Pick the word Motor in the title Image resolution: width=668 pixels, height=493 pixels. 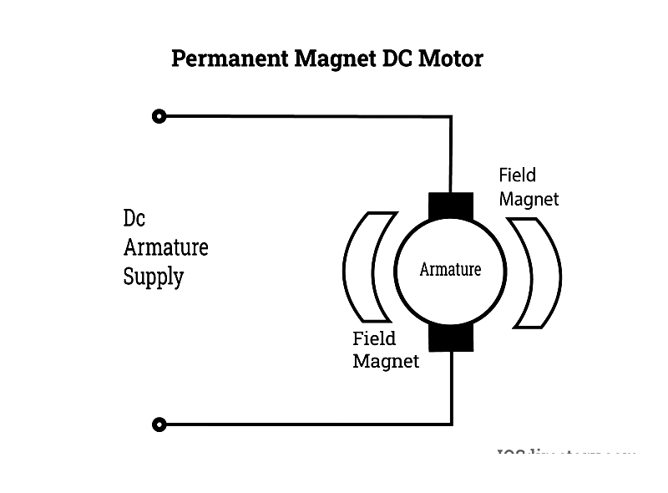click(x=452, y=59)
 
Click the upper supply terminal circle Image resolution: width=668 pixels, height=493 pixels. click(x=159, y=116)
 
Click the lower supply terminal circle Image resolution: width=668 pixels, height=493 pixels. click(x=159, y=424)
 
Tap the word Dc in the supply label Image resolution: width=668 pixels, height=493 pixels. click(x=134, y=219)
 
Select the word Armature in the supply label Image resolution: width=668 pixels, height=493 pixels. click(x=165, y=247)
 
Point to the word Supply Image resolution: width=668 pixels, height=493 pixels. click(x=153, y=277)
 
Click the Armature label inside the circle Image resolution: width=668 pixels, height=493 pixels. click(x=450, y=270)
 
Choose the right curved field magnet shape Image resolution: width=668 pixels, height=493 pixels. click(x=536, y=272)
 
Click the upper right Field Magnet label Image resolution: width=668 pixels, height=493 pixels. click(x=528, y=187)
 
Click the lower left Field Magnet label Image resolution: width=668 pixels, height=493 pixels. click(x=385, y=350)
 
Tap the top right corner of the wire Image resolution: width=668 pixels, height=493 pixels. click(x=451, y=117)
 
